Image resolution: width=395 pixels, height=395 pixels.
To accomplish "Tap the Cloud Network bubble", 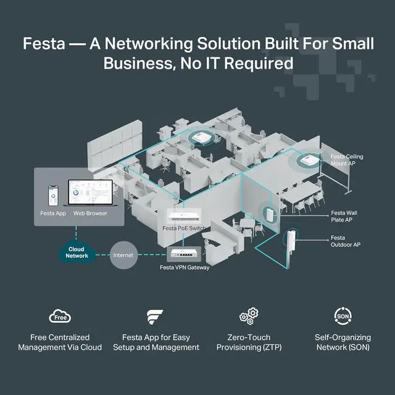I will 77,252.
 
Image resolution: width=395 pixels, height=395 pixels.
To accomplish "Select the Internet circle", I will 124,253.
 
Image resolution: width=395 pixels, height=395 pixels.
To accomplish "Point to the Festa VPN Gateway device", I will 188,253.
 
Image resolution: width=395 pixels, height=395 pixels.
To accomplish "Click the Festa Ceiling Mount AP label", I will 347,160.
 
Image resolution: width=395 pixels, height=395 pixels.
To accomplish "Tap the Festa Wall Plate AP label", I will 344,217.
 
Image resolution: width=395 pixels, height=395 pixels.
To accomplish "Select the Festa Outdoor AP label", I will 346,241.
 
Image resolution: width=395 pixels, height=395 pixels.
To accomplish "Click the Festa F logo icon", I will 156,317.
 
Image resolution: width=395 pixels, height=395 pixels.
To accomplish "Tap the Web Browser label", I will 90,214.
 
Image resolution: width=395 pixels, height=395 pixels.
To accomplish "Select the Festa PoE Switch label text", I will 184,229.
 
